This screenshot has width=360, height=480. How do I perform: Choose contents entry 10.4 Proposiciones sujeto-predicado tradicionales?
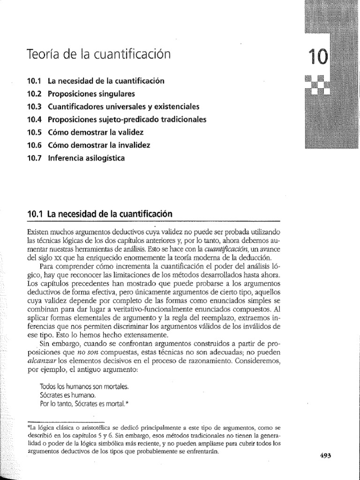[x=117, y=120]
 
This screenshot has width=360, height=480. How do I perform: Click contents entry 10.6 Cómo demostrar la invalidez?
[x=89, y=145]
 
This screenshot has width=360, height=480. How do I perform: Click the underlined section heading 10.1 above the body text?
[x=100, y=213]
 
